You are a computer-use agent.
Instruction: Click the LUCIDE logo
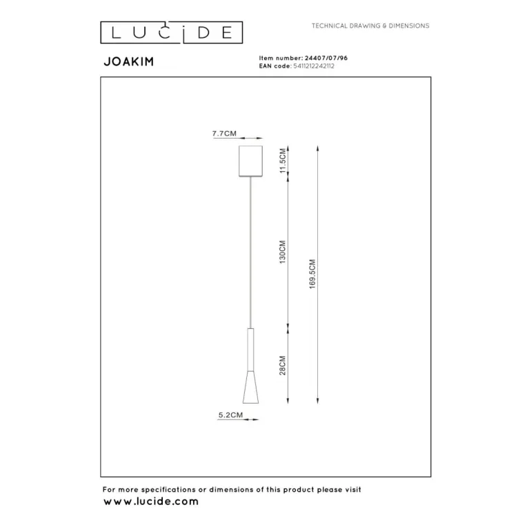click(x=172, y=32)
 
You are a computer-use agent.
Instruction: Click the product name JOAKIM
click(x=128, y=61)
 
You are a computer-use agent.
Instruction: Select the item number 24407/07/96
click(x=326, y=59)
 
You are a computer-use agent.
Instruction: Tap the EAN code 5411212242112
click(x=312, y=66)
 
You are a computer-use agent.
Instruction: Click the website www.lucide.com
click(x=150, y=502)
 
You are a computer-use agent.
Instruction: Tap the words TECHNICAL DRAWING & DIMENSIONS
click(x=370, y=26)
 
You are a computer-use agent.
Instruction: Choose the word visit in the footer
click(x=351, y=490)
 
